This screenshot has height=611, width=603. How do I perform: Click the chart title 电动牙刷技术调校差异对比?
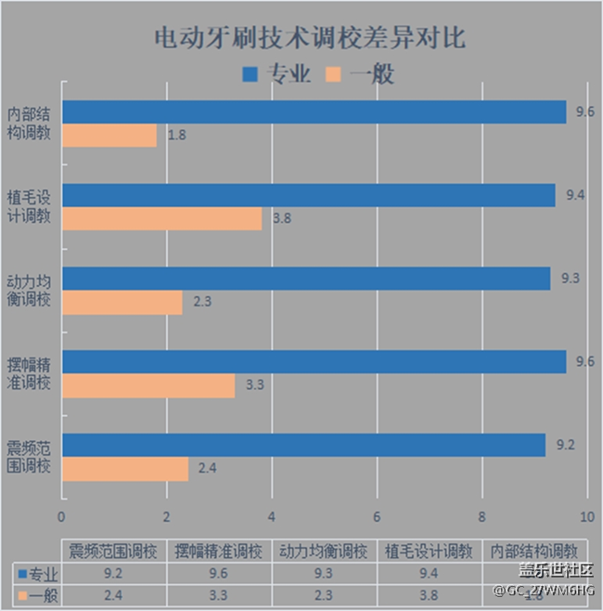[302, 38]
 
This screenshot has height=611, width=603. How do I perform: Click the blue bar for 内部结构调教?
[314, 111]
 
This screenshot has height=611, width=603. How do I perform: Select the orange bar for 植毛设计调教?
[162, 219]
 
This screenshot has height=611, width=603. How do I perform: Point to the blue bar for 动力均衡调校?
[306, 279]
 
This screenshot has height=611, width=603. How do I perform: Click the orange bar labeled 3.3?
[148, 385]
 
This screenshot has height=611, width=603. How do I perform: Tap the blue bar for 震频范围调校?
[303, 446]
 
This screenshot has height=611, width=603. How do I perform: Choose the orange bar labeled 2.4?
[125, 469]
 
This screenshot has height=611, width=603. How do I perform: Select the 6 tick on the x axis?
[377, 516]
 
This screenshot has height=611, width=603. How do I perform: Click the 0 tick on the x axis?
[62, 516]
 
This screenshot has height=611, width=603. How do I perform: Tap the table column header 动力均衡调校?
[325, 550]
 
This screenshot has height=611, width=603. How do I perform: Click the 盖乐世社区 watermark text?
[547, 569]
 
